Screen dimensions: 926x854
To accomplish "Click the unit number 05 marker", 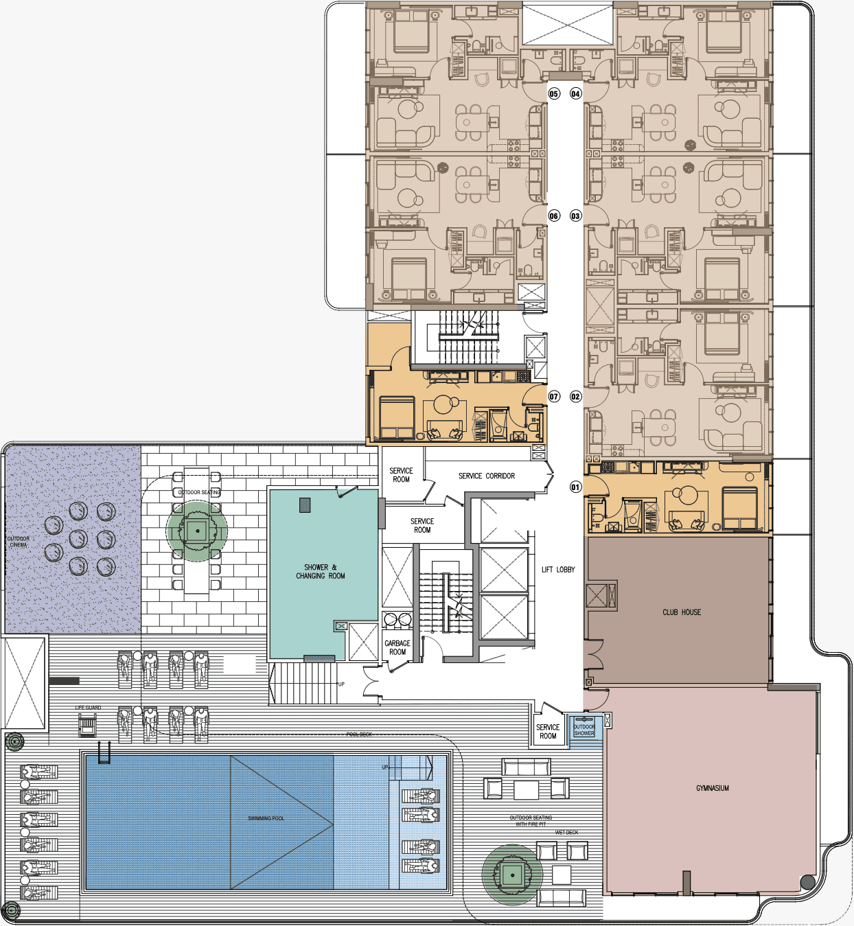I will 554,93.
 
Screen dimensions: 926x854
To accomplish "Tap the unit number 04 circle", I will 575,93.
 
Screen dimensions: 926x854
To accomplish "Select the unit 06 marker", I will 554,216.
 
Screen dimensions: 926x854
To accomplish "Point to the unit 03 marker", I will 575,216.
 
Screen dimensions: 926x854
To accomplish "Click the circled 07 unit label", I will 554,396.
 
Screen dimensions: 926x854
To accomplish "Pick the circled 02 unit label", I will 575,396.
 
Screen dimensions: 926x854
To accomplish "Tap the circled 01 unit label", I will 575,487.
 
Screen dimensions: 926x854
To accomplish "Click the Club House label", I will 682,612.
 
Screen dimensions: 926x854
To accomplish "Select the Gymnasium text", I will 712,788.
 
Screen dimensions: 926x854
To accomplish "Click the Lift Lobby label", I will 558,570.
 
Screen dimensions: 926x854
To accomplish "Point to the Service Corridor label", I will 486,476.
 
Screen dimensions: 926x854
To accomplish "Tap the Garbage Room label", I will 397,647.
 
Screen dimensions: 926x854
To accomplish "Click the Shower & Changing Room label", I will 321,572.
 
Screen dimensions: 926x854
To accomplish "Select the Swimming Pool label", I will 266,818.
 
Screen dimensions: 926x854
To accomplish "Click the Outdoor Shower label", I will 584,730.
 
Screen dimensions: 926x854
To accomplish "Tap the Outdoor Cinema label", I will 19,542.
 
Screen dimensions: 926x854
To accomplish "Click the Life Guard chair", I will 87,725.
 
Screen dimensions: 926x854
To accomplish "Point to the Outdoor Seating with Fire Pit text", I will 531,821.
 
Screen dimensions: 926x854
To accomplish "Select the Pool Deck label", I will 359,734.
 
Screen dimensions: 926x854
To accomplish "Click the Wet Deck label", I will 566,832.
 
